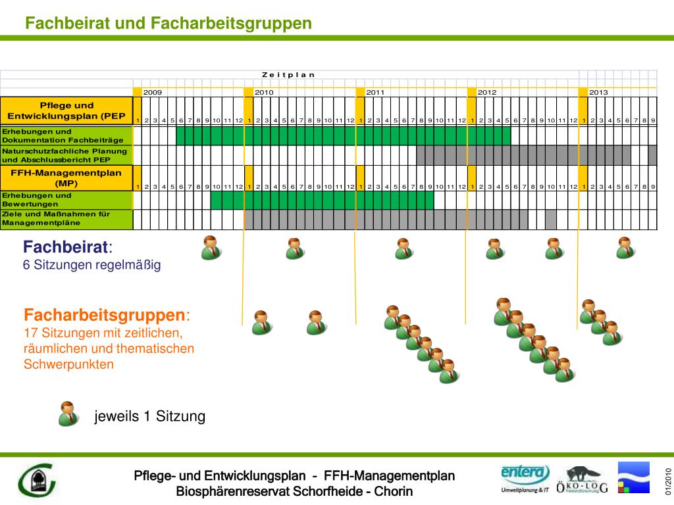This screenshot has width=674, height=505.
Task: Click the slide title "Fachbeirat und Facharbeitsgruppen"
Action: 168,24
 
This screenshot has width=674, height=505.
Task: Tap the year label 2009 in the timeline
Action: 153,92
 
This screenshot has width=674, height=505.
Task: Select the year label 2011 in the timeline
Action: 375,92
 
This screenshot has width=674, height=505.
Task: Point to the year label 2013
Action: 598,92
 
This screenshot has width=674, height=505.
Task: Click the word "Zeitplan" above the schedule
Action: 288,74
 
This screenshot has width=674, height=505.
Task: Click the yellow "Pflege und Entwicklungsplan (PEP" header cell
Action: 66,110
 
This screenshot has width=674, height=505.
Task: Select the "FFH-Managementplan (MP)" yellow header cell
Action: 66,178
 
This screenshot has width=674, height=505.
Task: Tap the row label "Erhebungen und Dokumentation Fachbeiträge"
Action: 66,136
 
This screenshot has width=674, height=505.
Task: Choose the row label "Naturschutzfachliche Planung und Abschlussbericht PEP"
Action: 66,155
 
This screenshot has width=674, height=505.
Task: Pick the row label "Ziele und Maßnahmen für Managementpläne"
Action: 66,219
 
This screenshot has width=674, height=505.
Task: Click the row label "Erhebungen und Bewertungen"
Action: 66,200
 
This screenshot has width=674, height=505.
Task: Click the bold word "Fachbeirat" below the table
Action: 66,247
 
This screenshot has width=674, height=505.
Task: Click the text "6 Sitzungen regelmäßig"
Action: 92,265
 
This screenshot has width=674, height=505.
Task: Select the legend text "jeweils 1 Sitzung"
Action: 150,416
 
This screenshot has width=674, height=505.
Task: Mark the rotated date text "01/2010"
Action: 667,481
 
